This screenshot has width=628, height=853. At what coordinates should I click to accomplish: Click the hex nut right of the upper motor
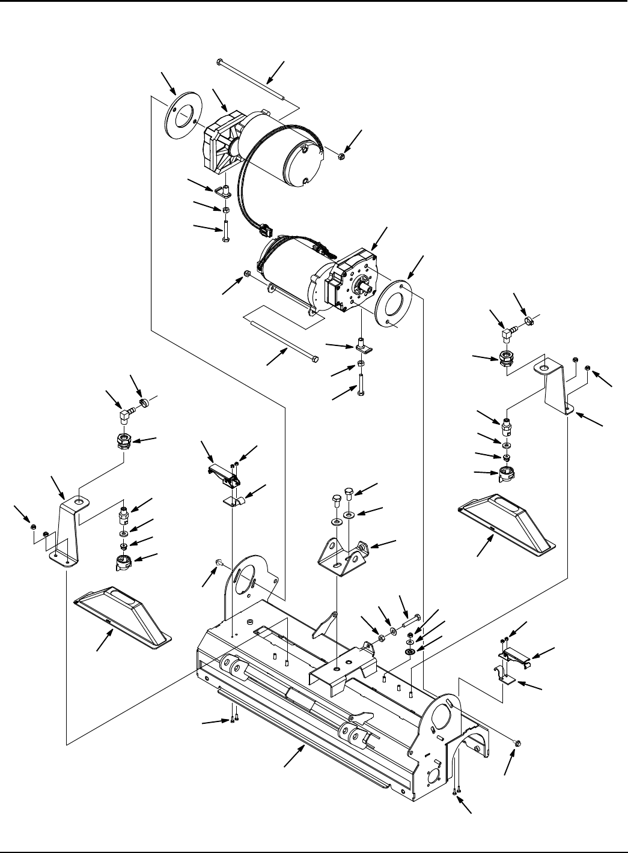click(x=341, y=157)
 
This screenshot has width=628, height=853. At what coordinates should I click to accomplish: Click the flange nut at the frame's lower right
click(x=518, y=744)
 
